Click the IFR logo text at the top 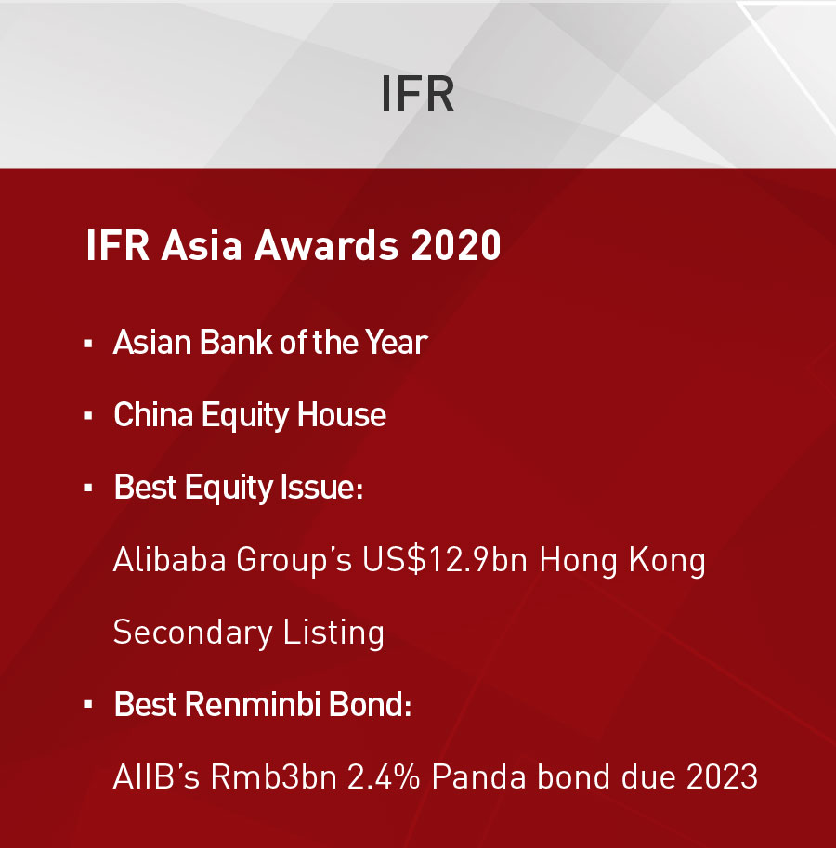[x=417, y=94]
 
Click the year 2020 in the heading [x=455, y=245]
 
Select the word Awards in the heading [x=326, y=245]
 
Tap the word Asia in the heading [x=201, y=245]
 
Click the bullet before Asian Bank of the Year [x=88, y=344]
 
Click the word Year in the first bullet [x=396, y=343]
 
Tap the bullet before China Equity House [x=88, y=416]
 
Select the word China [x=153, y=415]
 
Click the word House [x=341, y=415]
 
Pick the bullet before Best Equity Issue [x=88, y=489]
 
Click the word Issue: [x=321, y=488]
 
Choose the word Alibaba [x=169, y=559]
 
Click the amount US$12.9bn [x=445, y=559]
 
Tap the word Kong [x=667, y=561]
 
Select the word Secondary [x=192, y=633]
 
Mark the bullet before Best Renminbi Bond [x=88, y=705]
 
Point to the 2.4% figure [x=384, y=776]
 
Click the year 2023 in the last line [x=722, y=776]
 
